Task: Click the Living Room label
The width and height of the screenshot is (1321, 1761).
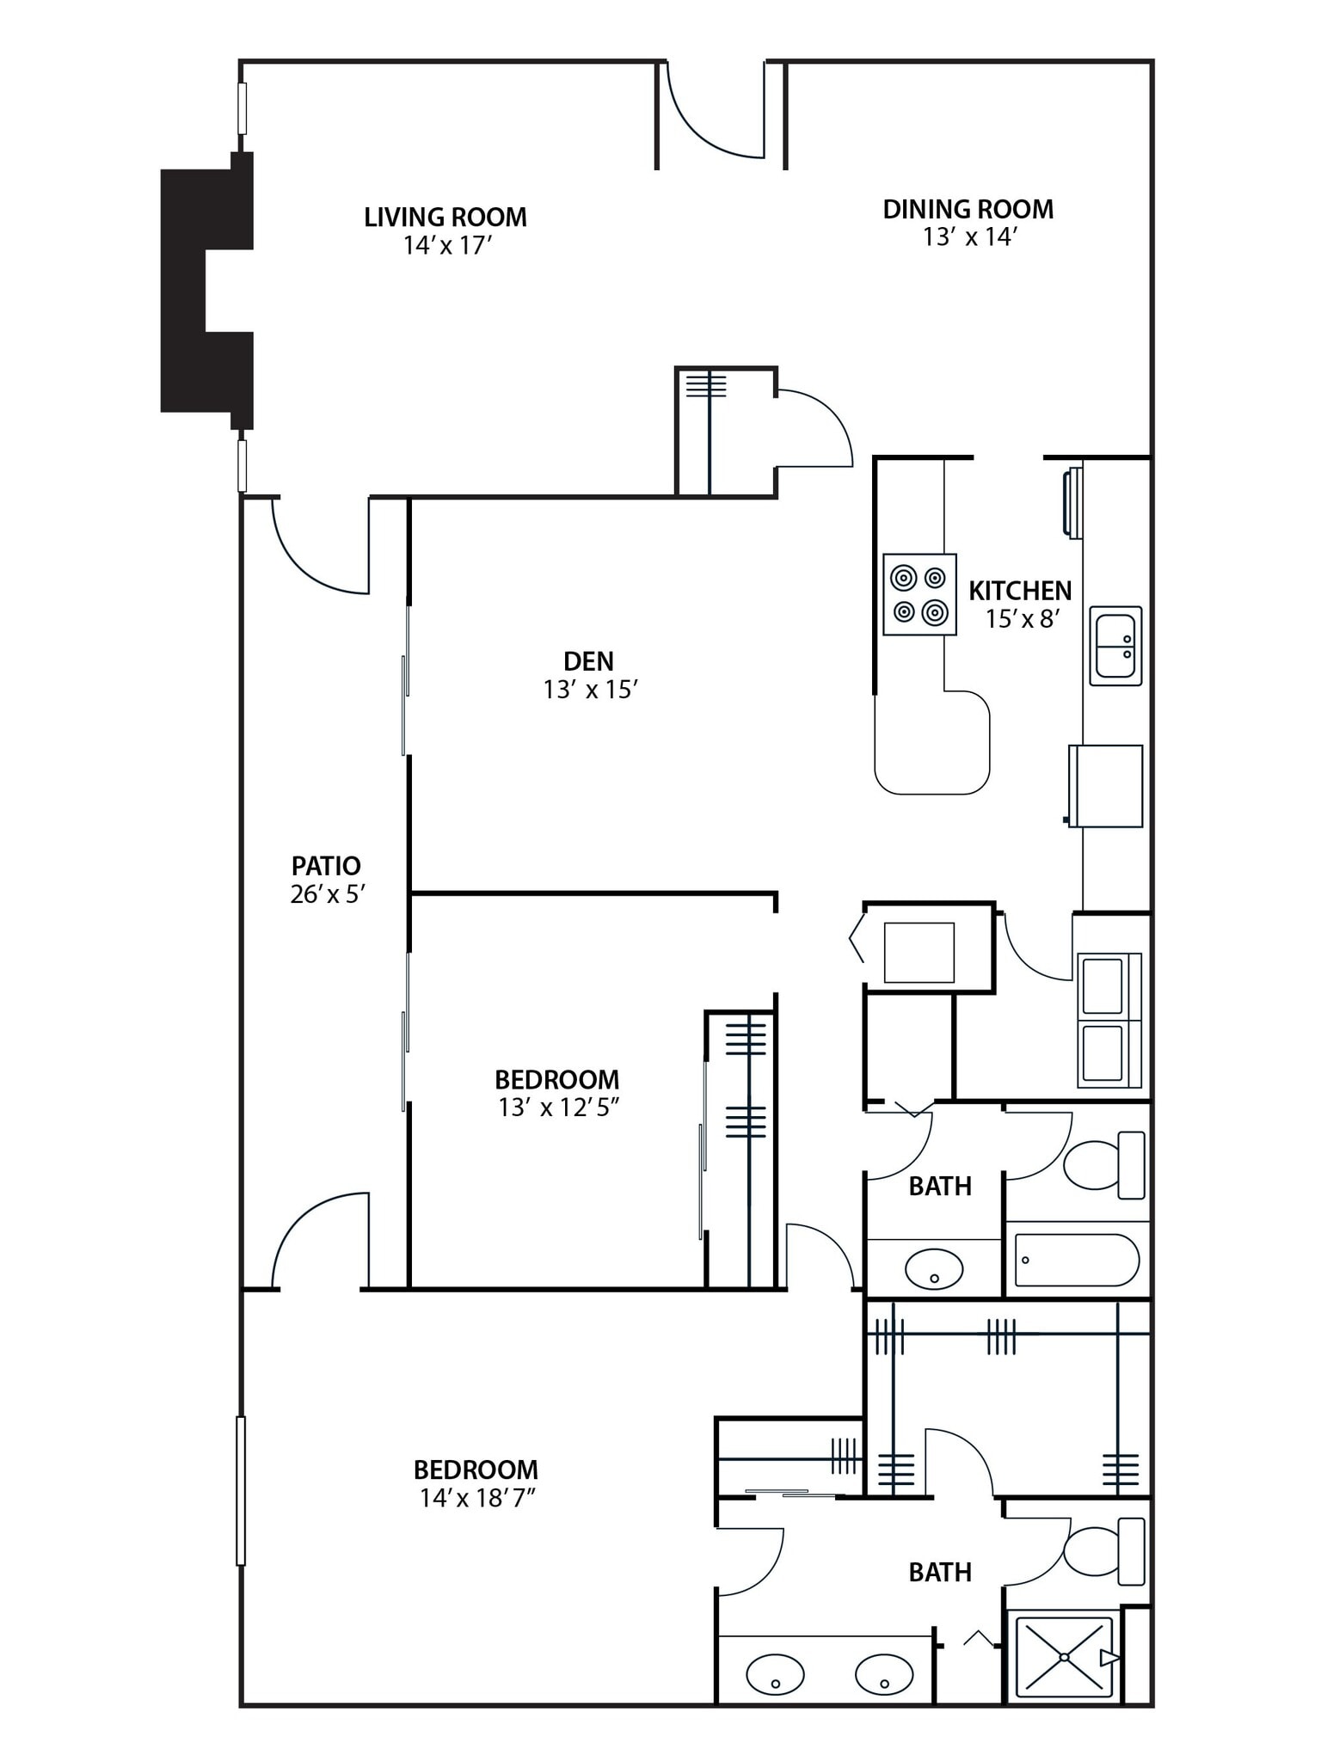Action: point(445,217)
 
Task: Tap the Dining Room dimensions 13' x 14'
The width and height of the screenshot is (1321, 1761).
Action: point(969,237)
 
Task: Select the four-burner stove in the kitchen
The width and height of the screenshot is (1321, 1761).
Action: point(919,595)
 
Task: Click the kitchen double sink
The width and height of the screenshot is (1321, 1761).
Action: point(1115,646)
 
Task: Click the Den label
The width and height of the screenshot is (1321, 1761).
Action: point(588,661)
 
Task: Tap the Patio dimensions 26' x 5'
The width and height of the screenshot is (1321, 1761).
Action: point(328,894)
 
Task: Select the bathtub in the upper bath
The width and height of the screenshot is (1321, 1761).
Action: point(1077,1261)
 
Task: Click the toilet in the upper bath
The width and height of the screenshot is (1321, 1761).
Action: point(1105,1165)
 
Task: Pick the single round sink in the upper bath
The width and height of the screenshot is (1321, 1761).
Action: point(934,1268)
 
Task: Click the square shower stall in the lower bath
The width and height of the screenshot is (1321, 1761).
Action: point(1065,1656)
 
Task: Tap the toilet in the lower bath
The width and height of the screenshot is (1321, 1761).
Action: point(1105,1552)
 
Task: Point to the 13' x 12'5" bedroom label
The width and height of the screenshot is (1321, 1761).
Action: point(557,1080)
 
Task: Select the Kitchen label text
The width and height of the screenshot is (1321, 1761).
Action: point(1020,591)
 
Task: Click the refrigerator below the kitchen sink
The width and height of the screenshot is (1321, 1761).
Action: point(1106,786)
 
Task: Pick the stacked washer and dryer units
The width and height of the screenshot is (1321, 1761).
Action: point(1109,1020)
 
